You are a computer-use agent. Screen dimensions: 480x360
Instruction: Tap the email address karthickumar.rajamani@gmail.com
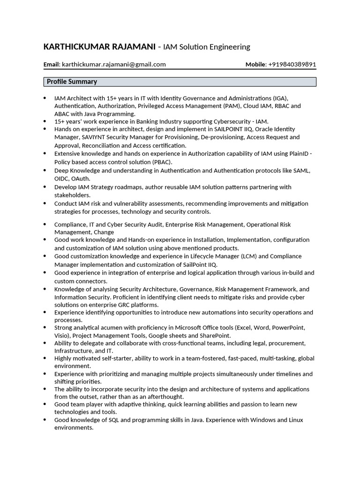114,65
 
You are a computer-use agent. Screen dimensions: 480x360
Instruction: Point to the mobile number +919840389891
292,65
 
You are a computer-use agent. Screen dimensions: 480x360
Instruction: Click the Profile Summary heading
72,82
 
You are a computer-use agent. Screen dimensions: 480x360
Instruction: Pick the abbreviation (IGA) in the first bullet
279,98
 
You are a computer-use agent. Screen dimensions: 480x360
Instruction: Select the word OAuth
81,179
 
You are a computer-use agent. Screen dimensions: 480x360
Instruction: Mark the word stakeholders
72,195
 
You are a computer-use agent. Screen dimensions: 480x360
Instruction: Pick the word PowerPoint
289,328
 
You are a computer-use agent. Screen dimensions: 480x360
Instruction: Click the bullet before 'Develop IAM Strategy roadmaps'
45,187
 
